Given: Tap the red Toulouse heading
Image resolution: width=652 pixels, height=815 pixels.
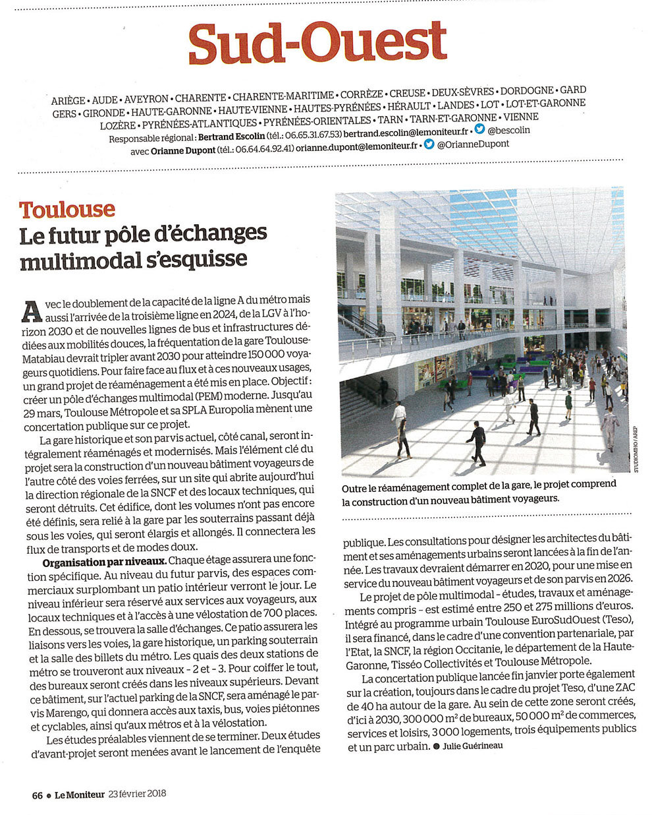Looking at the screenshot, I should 67,210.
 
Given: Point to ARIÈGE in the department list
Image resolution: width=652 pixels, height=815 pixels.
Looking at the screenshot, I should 68,101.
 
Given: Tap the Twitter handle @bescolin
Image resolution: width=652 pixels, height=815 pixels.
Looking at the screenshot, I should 508,130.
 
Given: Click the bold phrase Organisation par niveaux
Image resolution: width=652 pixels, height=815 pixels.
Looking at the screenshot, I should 105,562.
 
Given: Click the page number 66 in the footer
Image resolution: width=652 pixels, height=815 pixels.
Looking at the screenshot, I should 38,795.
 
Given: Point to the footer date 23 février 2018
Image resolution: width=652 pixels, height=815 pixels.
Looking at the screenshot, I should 138,794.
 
